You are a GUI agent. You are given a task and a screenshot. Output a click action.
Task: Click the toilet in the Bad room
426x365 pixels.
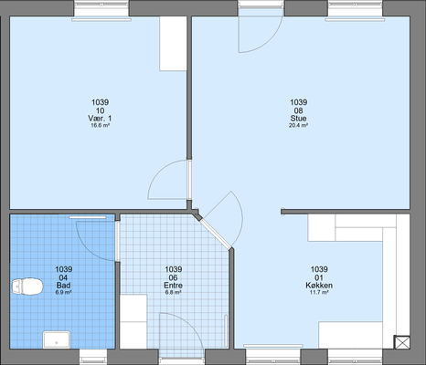pyautogui.click(x=27, y=287)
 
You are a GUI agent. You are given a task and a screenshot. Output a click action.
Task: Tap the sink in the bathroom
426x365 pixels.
pyautogui.click(x=57, y=339)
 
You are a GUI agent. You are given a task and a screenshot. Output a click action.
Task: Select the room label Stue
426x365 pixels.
pyautogui.click(x=298, y=118)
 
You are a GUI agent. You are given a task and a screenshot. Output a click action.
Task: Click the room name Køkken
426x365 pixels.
pyautogui.click(x=319, y=286)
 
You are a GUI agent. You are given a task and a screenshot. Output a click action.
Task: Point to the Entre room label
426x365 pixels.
pyautogui.click(x=173, y=286)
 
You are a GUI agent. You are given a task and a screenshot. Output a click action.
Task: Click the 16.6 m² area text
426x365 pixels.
pyautogui.click(x=101, y=125)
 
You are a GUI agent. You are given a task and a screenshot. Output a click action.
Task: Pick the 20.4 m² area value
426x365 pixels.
pyautogui.click(x=298, y=125)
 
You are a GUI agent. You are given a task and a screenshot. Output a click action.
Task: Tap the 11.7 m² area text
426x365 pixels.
pyautogui.click(x=319, y=292)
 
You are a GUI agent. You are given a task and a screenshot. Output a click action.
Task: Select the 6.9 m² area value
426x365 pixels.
pyautogui.click(x=63, y=292)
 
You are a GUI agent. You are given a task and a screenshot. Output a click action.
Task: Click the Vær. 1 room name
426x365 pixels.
pyautogui.click(x=100, y=118)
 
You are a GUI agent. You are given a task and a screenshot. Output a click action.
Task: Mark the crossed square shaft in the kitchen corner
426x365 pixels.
pyautogui.click(x=402, y=342)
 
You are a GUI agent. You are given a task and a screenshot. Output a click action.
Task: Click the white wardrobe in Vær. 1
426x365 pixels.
pyautogui.click(x=173, y=44)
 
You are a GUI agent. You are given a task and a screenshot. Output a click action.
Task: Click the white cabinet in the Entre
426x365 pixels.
pyautogui.click(x=133, y=321)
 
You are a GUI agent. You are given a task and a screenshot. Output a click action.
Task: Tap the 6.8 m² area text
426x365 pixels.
pyautogui.click(x=173, y=292)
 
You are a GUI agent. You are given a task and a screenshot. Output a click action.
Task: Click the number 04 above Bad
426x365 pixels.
pyautogui.click(x=63, y=277)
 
